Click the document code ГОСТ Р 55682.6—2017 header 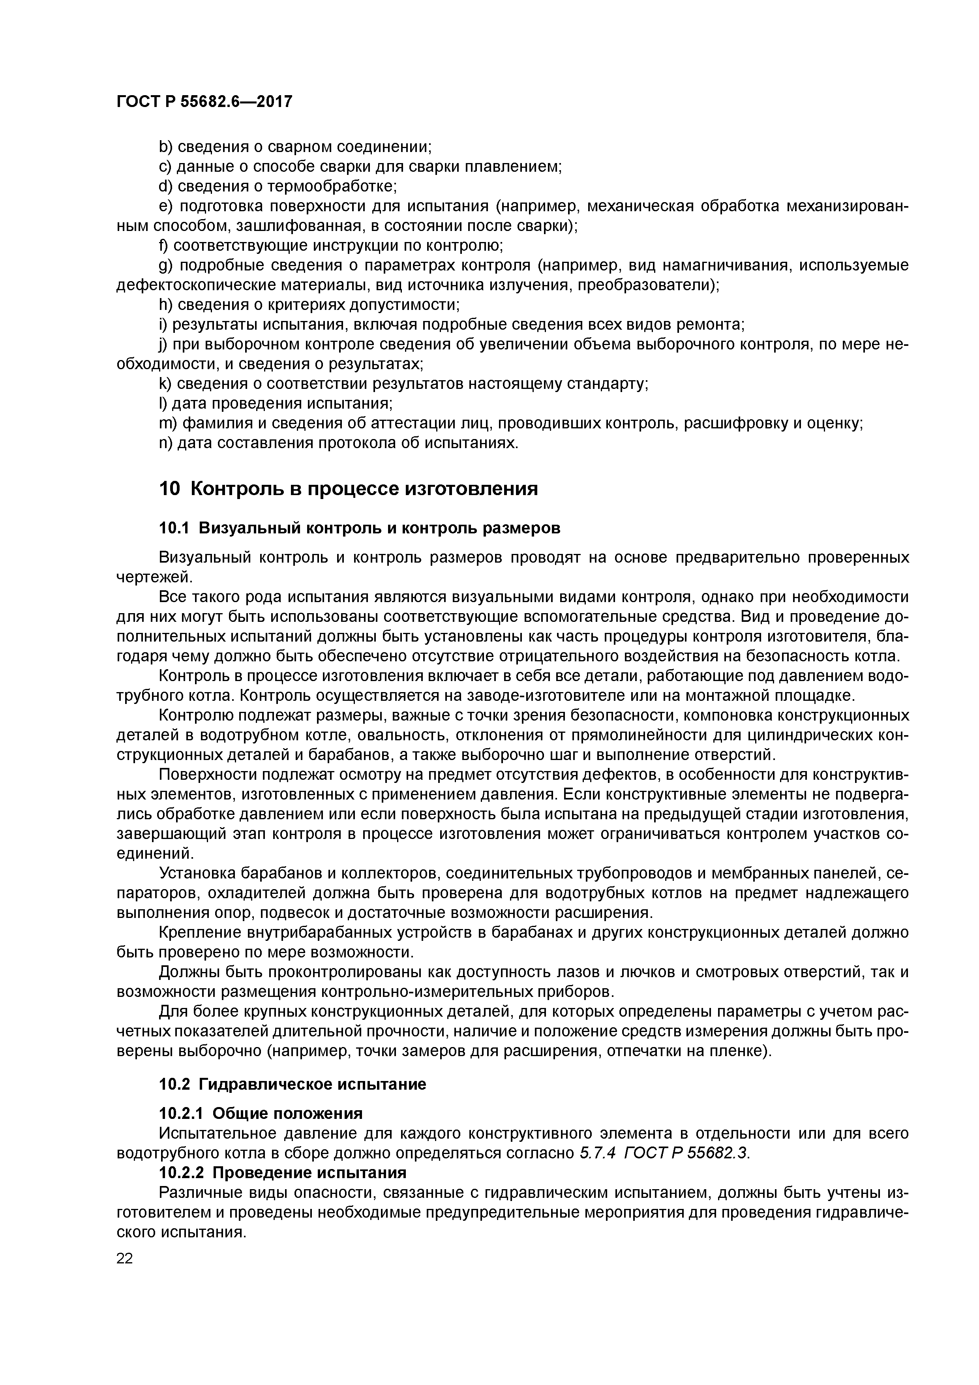(204, 102)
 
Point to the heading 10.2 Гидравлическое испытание (292, 1101)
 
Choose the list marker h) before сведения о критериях (165, 305)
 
